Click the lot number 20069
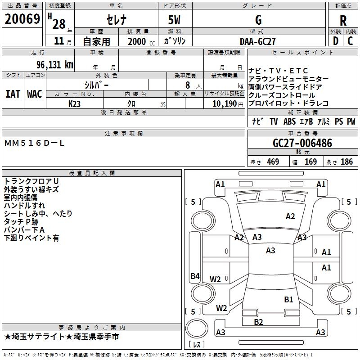coord(22,19)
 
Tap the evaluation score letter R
coord(343,21)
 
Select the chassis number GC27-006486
coord(302,144)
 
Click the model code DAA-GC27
coord(258,41)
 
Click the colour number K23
coord(75,103)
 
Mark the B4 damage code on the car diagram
coord(194,276)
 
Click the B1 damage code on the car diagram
coord(288,299)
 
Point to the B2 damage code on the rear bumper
coord(258,322)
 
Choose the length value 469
coord(273,162)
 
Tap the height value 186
coord(346,162)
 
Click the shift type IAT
coord(13,94)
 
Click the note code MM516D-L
coord(35,143)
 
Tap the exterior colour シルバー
coord(96,85)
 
